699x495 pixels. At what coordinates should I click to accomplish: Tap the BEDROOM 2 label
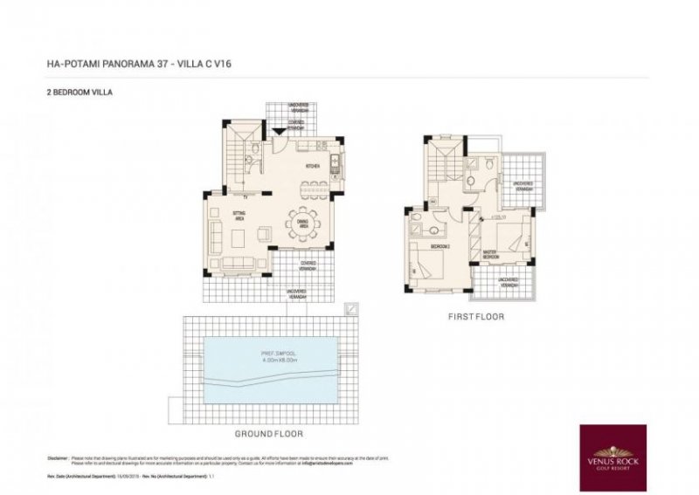click(438, 248)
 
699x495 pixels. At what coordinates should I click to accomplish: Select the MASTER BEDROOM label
click(490, 254)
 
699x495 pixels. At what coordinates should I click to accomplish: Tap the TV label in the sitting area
click(246, 196)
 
